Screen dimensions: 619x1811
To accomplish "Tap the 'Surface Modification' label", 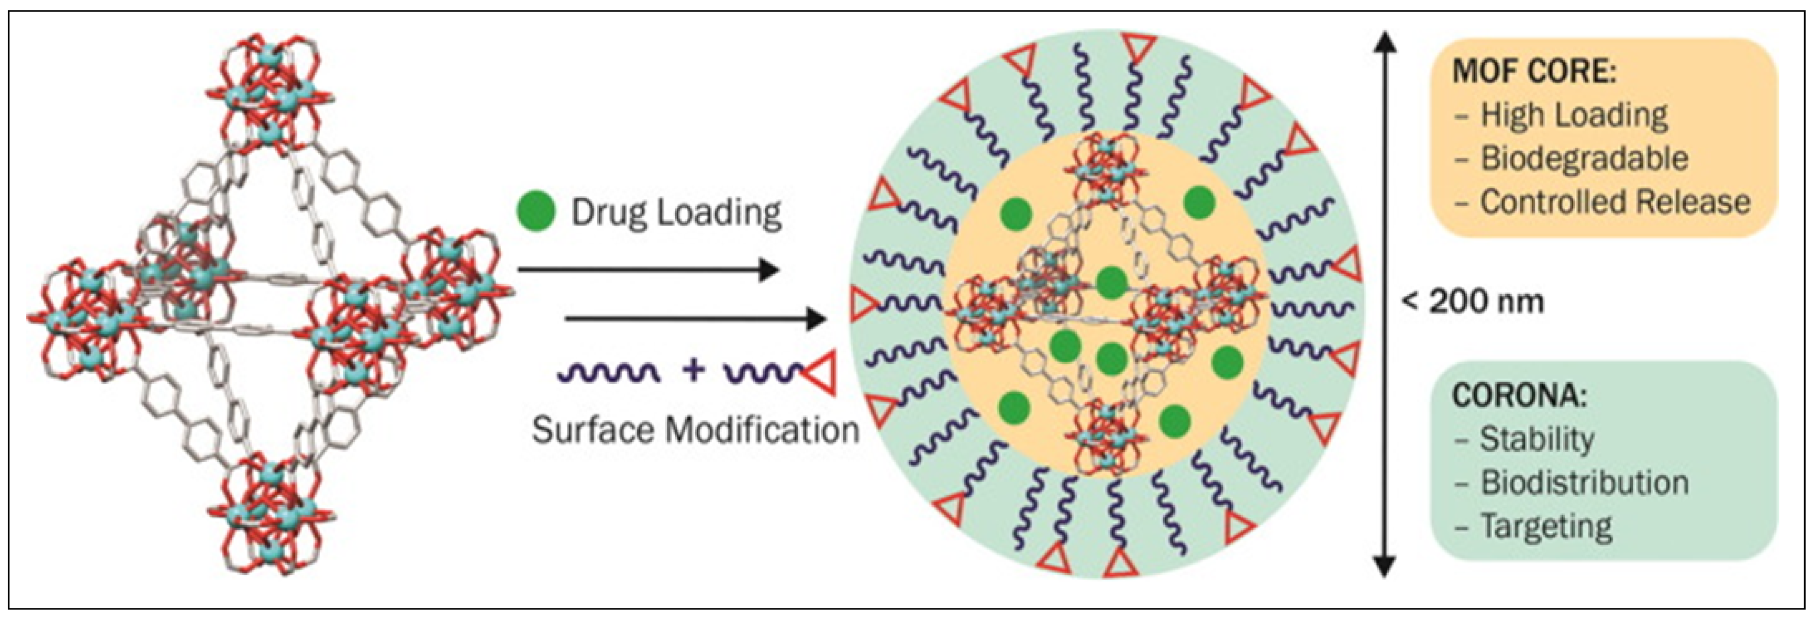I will [x=695, y=430].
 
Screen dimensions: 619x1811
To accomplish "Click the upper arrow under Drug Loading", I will [x=647, y=269].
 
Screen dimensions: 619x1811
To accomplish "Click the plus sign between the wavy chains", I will [x=693, y=369].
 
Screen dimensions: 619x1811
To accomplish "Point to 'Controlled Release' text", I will [x=1615, y=202].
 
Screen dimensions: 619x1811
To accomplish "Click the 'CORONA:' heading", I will [x=1519, y=396].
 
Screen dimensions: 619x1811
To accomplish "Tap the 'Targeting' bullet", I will [x=1546, y=526].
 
